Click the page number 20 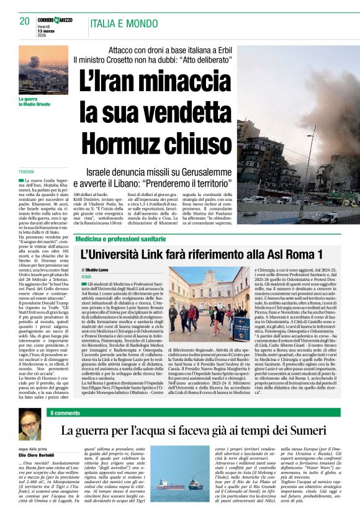click(24, 21)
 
